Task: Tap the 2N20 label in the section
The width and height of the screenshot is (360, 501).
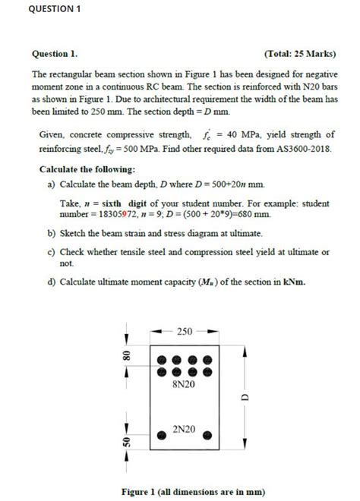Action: (185, 430)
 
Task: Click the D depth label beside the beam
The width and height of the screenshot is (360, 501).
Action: (245, 397)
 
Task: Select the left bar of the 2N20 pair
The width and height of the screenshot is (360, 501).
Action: (162, 436)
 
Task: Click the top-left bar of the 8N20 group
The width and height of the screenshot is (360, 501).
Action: (161, 361)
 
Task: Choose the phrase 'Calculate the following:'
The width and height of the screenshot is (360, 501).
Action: (87, 169)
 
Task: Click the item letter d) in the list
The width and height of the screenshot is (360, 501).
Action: (51, 282)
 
